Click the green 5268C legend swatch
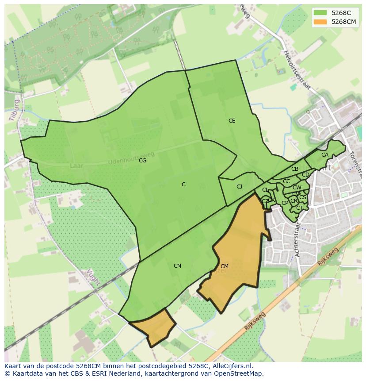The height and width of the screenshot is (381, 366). click(x=320, y=13)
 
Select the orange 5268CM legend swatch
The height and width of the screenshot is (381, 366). click(x=320, y=22)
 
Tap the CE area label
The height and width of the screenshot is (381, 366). click(x=232, y=121)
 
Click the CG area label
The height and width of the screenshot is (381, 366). click(x=142, y=161)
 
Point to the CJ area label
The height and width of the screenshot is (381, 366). click(x=239, y=187)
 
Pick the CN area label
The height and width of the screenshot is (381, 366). click(x=177, y=266)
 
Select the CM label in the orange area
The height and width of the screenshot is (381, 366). click(x=224, y=266)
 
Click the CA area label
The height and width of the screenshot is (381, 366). click(x=325, y=155)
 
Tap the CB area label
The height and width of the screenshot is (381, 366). click(x=295, y=169)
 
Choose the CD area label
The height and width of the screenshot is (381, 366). click(x=305, y=175)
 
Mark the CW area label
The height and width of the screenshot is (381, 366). click(x=297, y=188)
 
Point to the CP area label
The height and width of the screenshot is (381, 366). click(x=285, y=203)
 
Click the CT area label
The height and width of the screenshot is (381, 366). click(x=299, y=208)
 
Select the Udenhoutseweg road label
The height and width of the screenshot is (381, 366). click(x=131, y=158)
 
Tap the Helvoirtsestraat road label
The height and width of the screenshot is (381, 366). click(x=297, y=71)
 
